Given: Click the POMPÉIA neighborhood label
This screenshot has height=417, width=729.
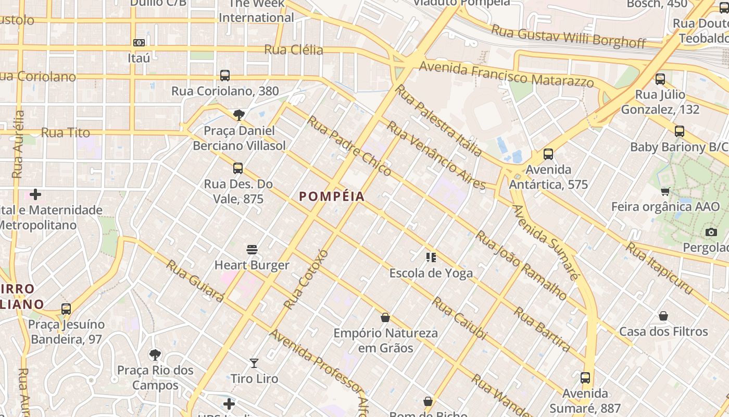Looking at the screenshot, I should click(x=332, y=197).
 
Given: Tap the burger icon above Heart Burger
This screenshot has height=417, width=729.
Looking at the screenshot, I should click(x=252, y=250).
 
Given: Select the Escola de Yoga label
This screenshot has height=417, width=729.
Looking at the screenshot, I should click(x=431, y=273).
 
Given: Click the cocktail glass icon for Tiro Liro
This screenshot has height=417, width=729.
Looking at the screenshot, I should click(x=254, y=363).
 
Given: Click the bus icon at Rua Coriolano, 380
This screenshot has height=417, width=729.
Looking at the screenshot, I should click(x=225, y=76).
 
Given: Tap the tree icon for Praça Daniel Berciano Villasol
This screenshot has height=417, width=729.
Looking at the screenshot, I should click(x=239, y=115).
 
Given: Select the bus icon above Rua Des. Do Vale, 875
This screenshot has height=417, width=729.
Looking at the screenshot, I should click(x=238, y=168).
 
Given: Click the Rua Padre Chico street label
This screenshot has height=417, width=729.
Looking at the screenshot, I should click(x=349, y=146).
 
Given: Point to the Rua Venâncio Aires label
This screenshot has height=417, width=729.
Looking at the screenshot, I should click(x=435, y=155).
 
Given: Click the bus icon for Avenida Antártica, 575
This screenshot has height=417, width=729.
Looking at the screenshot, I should click(x=548, y=154).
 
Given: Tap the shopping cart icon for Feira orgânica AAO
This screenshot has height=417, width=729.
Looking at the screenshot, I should click(x=665, y=192).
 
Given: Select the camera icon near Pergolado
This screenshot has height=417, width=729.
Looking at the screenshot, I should click(x=711, y=232).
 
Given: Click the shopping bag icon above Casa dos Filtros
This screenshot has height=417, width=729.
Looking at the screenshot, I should click(x=663, y=316).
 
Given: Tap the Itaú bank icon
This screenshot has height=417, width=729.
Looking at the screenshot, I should click(x=139, y=43).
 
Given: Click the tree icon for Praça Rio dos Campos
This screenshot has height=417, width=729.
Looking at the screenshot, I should click(x=155, y=355).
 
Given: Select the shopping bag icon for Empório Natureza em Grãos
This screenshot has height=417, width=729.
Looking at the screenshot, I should click(x=385, y=317).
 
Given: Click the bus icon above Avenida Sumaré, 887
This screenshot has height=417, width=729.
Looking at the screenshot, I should click(x=585, y=378).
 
